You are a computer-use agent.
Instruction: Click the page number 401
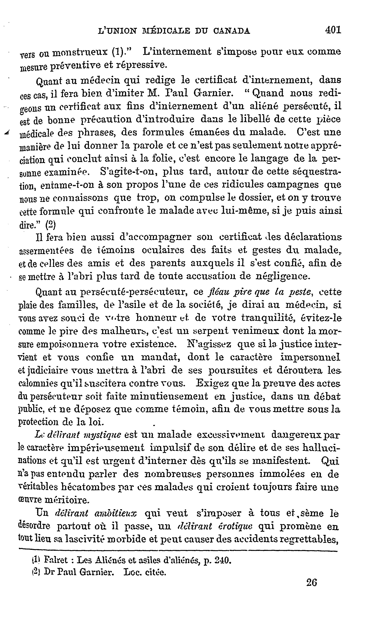click(333, 30)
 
